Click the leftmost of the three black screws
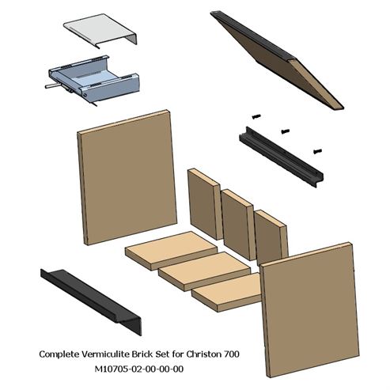pos(256,116)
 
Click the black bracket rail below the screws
pos(281,156)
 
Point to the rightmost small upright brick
pos(271,239)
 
